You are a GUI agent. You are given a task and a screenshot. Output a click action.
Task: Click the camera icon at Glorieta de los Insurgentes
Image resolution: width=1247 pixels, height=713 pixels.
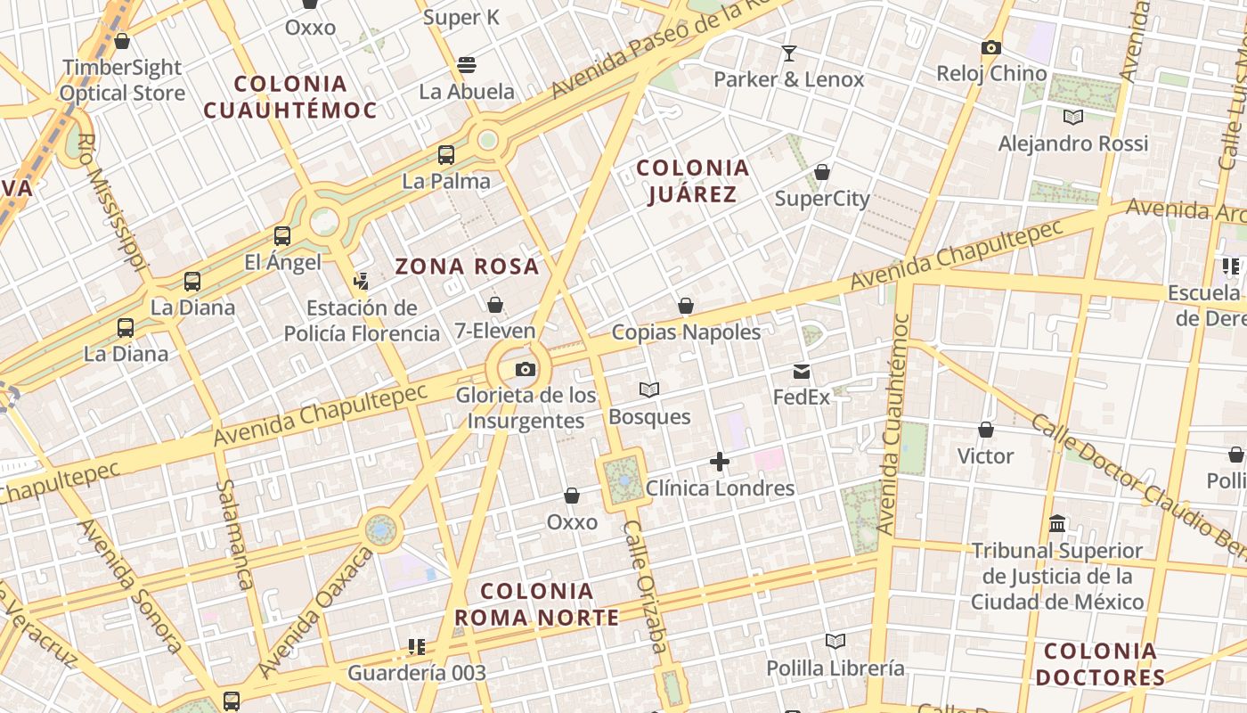tap(526, 369)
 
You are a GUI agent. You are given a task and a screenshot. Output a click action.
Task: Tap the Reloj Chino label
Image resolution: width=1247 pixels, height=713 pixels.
tap(991, 73)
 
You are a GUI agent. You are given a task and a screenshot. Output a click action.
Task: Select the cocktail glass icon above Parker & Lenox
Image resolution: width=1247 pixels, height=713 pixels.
tap(788, 53)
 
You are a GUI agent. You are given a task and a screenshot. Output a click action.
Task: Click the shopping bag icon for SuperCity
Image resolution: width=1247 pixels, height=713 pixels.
tap(822, 172)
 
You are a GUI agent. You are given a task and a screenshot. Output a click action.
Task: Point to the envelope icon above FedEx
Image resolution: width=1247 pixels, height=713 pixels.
tap(802, 372)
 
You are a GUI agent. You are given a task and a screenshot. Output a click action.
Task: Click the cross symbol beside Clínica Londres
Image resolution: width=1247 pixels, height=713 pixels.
tap(720, 462)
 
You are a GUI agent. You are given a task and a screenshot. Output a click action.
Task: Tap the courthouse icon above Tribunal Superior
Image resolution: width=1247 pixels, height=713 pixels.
tap(1057, 523)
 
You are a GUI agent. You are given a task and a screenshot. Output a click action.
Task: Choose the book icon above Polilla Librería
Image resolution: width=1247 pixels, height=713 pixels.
tap(835, 642)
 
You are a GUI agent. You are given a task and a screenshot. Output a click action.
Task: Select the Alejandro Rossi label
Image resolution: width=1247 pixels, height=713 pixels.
tap(1072, 143)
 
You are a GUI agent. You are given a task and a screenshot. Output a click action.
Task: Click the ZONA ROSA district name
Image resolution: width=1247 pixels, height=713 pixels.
tap(468, 266)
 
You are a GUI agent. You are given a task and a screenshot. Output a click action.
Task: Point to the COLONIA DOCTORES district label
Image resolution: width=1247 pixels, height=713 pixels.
tap(1100, 664)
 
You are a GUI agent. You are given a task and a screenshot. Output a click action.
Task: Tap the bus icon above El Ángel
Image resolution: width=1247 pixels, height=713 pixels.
tap(282, 236)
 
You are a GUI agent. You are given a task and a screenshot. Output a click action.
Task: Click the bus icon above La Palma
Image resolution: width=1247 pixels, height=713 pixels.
tap(446, 155)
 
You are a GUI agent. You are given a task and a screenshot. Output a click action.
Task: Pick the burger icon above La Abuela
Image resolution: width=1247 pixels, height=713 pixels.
tap(467, 64)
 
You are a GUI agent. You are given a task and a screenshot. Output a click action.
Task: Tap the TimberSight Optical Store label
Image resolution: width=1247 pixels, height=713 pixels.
tap(122, 80)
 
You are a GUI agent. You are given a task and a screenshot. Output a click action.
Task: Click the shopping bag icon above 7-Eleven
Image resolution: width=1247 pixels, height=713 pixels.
tap(495, 306)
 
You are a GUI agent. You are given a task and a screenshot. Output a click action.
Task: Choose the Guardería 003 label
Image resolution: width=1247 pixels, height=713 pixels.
tap(417, 673)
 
